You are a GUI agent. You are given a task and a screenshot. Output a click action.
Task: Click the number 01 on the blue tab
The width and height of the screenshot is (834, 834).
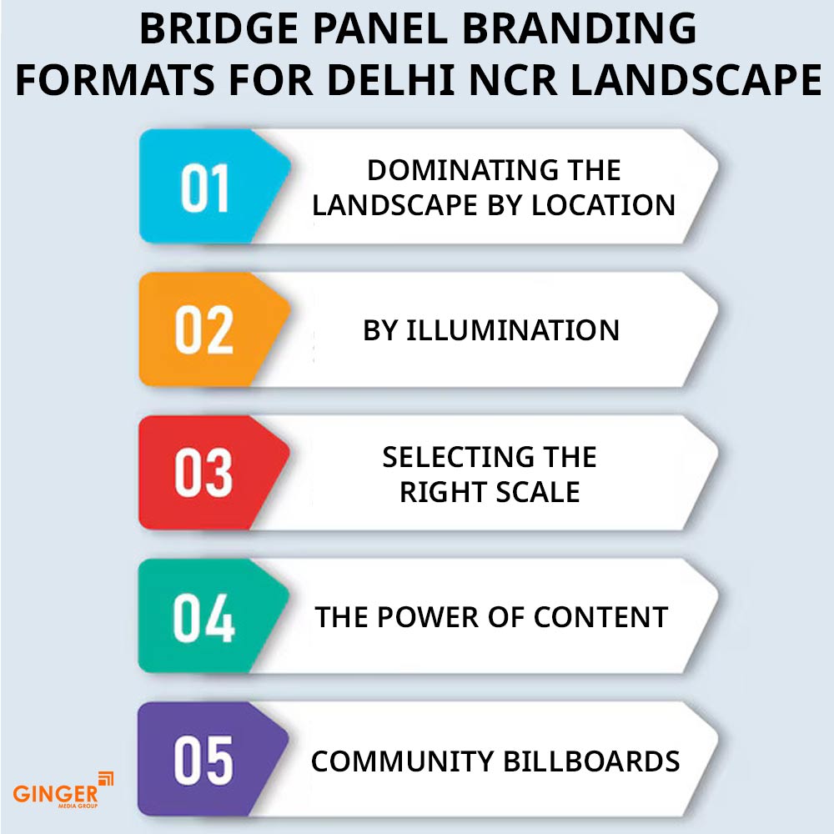coord(205,188)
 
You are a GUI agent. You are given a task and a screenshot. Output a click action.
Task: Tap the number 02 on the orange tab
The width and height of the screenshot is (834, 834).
coord(204,330)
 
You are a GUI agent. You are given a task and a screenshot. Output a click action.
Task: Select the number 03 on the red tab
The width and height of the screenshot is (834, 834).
coord(203,473)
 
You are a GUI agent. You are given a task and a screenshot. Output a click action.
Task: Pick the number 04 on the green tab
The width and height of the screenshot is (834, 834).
coord(203,617)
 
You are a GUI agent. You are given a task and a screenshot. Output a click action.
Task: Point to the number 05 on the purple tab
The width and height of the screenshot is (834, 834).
coord(203,761)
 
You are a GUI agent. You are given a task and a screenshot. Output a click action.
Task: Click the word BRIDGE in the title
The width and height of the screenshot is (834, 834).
coord(219,28)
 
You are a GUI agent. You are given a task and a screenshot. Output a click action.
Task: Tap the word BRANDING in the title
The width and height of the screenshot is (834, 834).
coord(580,28)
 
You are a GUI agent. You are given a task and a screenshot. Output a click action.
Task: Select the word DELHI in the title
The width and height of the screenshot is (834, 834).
coord(390,80)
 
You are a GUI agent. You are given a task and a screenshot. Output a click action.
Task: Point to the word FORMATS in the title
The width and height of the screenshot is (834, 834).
coord(115,80)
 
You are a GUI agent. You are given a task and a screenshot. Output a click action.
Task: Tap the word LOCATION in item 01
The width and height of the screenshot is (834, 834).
coord(603,205)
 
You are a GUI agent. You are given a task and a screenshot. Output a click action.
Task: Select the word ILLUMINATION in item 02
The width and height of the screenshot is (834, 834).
coord(513,330)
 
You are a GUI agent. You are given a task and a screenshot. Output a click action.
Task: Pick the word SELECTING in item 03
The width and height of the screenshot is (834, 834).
coord(451,457)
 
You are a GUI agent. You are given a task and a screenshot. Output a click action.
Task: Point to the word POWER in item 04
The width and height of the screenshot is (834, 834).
coord(428,617)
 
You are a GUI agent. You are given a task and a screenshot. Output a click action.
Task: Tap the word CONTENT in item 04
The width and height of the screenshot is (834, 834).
coord(600,617)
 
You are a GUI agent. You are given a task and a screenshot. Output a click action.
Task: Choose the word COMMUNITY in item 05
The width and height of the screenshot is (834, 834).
coord(402,761)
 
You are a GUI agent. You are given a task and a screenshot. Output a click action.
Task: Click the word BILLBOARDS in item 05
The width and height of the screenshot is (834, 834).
coord(591,761)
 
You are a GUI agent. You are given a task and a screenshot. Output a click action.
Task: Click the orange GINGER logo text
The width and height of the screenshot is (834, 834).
coord(55,794)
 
